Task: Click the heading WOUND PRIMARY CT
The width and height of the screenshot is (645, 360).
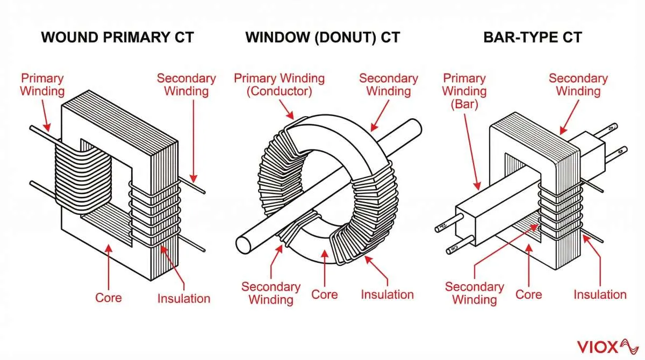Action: (117, 38)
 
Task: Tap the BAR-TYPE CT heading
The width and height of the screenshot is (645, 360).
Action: (532, 38)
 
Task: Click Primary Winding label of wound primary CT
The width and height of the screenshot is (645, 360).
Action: (42, 84)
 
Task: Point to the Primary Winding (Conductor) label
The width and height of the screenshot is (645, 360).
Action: (279, 84)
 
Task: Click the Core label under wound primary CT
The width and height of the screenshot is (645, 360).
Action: (109, 298)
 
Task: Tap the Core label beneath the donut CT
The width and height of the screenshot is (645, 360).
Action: (325, 294)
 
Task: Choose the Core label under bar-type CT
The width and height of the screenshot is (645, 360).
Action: (528, 294)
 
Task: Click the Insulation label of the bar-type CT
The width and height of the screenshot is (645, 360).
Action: (600, 294)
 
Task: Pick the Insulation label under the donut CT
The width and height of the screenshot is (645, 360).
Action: (387, 294)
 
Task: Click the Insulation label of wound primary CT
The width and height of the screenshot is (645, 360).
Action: (183, 298)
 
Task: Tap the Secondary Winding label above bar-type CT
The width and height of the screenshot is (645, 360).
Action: (578, 84)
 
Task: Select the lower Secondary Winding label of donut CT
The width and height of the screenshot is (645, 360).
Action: (270, 293)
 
